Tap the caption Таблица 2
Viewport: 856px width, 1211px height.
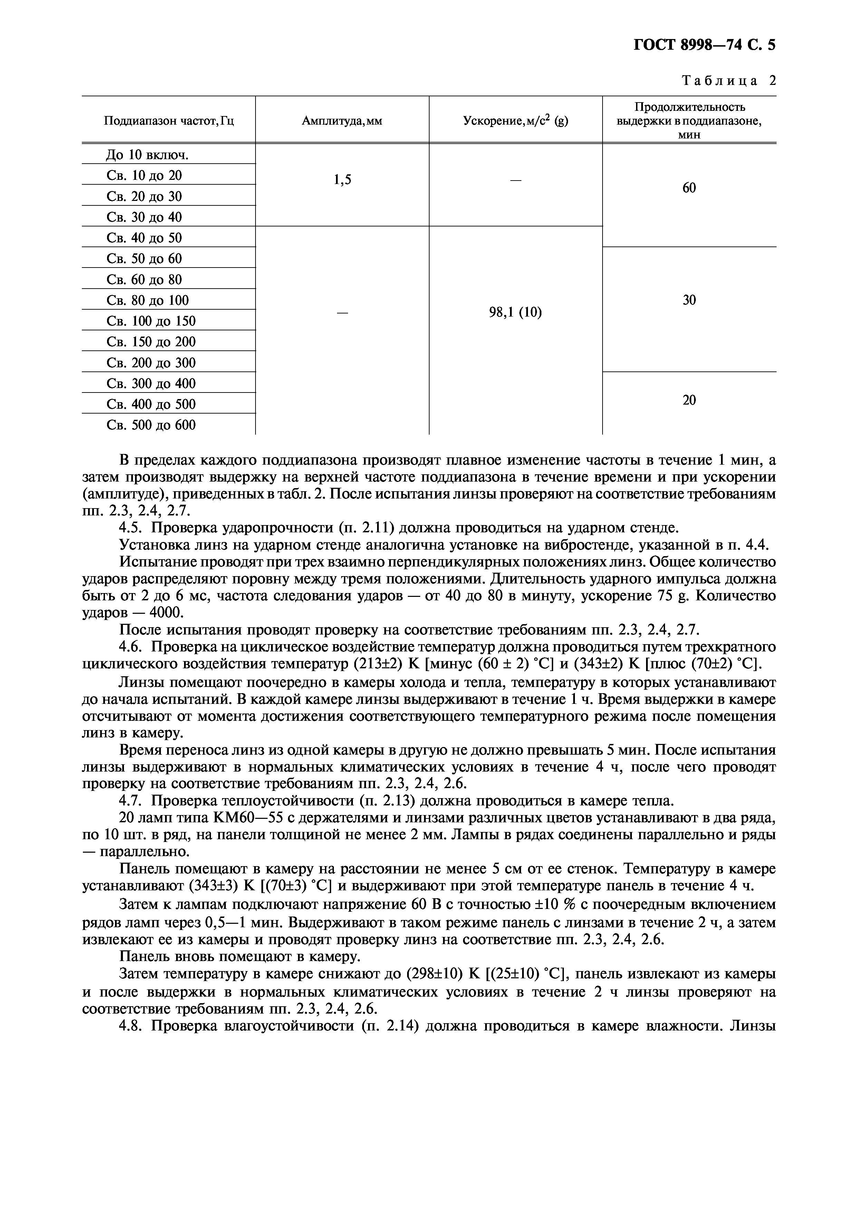click(x=729, y=81)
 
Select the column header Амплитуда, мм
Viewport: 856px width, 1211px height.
click(x=342, y=121)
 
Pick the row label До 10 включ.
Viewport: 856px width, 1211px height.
click(x=147, y=155)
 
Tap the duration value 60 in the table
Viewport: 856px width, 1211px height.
click(x=689, y=188)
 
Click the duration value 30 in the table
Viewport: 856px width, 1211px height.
click(x=689, y=300)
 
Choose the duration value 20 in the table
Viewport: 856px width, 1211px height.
click(x=689, y=400)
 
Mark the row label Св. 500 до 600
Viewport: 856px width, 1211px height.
click(x=151, y=425)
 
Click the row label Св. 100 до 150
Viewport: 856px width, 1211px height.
click(x=151, y=321)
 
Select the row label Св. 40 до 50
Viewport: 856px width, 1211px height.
click(x=144, y=238)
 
